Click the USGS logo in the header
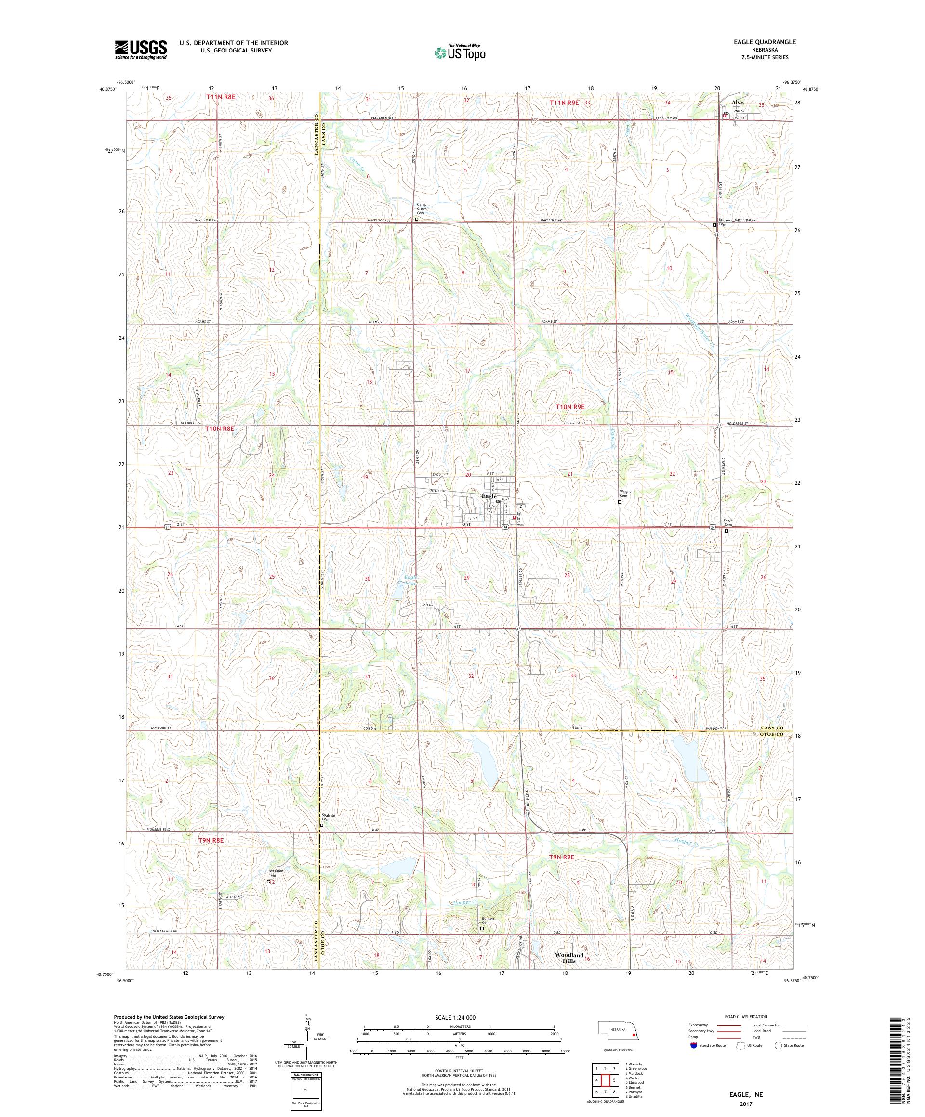141,50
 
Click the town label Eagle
489,496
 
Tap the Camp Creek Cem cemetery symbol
417,219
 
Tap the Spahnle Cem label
328,818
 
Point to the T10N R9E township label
569,407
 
